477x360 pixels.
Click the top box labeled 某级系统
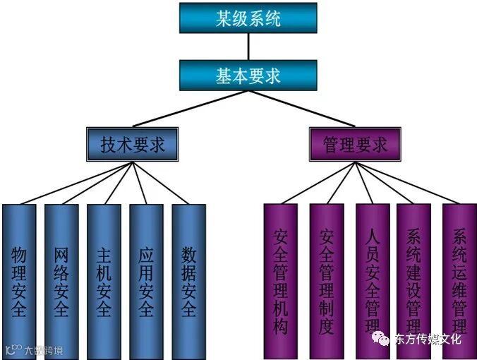[248, 18]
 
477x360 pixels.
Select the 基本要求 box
[248, 75]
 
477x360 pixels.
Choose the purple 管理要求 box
[355, 145]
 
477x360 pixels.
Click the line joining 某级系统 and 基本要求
[248, 47]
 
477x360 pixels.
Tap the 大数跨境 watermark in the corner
[42, 349]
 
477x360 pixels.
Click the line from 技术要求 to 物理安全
[74, 184]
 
